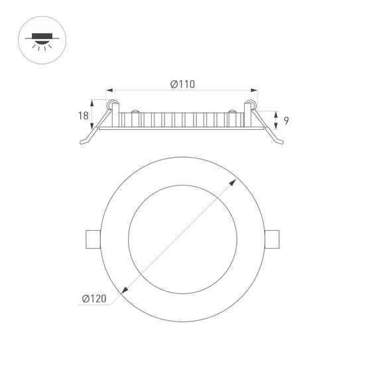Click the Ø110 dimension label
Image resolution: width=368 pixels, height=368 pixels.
[x=182, y=84]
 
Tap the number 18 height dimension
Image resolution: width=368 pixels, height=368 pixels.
[x=83, y=116]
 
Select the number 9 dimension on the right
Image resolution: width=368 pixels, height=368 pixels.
[x=286, y=121]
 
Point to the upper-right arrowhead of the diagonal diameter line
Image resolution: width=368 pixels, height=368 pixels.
[x=235, y=180]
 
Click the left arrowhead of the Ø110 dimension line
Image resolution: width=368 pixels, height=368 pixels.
[x=108, y=90]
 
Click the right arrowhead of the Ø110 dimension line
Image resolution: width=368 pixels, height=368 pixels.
[x=256, y=90]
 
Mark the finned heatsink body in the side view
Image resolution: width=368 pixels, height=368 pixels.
[x=182, y=120]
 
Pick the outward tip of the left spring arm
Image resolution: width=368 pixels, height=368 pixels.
[x=82, y=143]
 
